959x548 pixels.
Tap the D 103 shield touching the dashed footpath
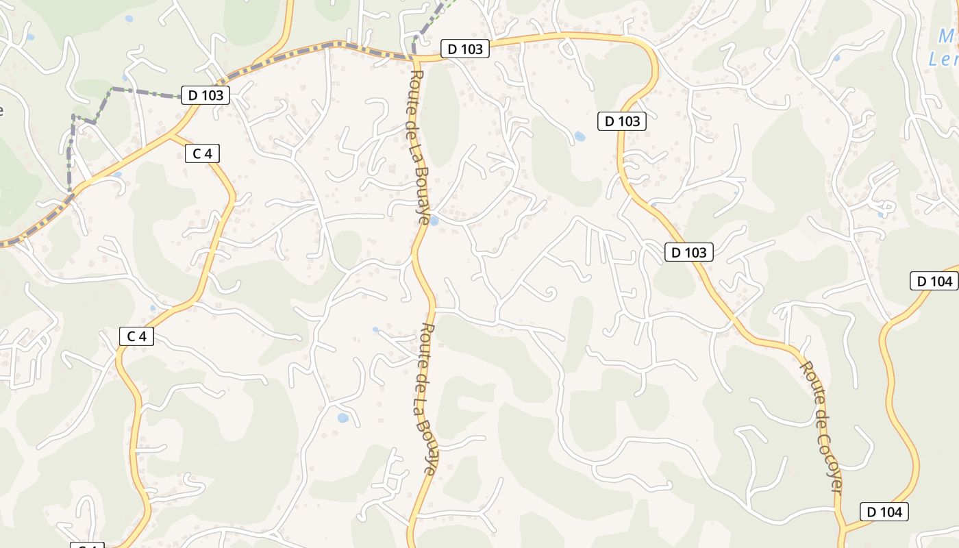click(206, 95)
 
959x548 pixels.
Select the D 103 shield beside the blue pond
click(622, 121)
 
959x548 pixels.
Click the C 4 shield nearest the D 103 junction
click(202, 153)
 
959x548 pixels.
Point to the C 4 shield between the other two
click(137, 336)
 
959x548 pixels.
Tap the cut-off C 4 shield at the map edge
click(88, 545)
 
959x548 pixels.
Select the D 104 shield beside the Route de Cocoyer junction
click(884, 512)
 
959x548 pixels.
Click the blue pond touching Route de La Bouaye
click(434, 221)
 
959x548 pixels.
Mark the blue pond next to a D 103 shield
click(580, 136)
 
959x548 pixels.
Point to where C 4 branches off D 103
click(171, 135)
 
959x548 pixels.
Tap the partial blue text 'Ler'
click(943, 60)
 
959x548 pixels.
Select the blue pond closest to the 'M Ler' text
click(836, 58)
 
